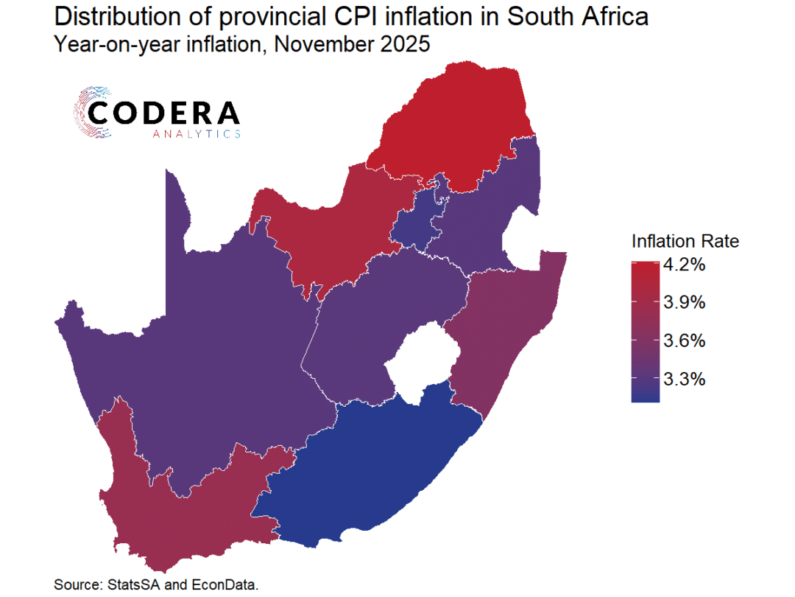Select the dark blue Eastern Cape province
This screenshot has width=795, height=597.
tap(368, 464)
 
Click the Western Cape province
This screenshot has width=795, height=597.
tap(169, 516)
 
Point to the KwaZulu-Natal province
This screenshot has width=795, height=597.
tap(508, 324)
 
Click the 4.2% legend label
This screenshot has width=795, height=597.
tap(685, 264)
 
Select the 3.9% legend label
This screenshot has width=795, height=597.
tap(685, 302)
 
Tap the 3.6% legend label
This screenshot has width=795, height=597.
tap(685, 341)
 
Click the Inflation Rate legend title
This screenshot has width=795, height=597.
tap(685, 241)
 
